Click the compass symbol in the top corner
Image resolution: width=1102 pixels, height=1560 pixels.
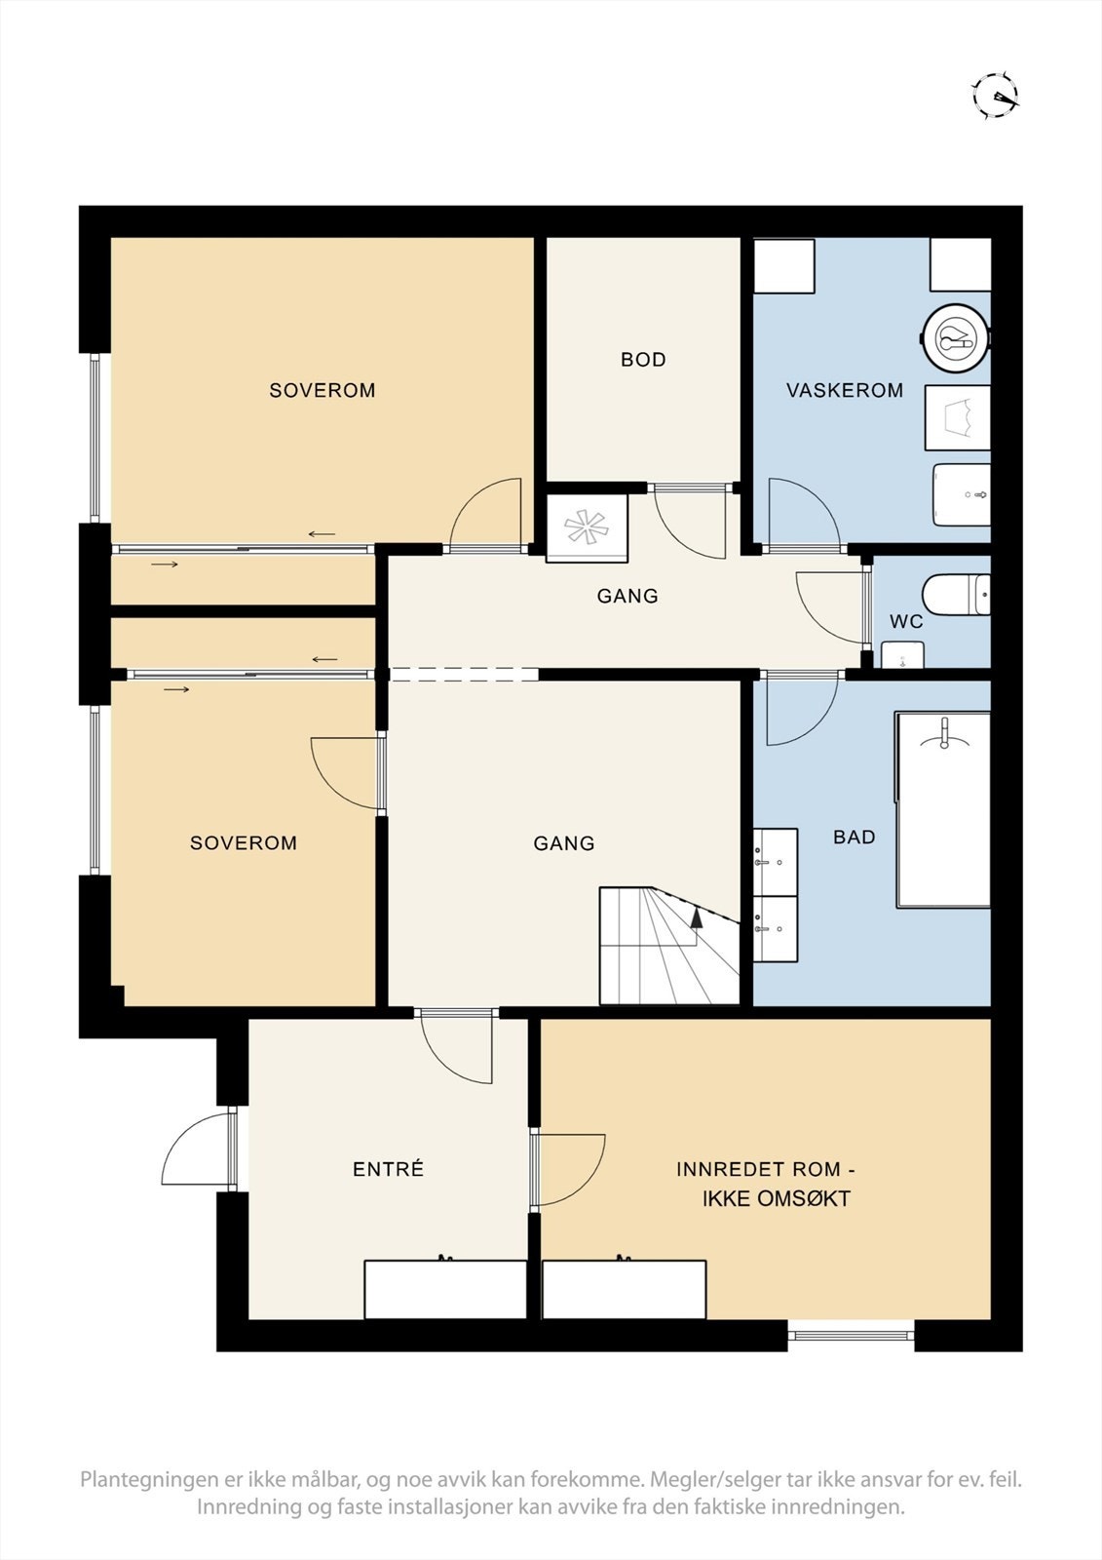tap(997, 96)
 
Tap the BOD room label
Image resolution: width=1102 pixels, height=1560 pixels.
tap(643, 360)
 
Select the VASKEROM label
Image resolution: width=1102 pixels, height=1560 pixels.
tap(844, 390)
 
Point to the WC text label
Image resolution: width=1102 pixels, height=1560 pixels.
tap(906, 621)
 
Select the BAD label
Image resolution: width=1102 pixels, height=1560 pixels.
tap(854, 837)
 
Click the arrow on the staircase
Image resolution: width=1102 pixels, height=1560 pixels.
tap(696, 916)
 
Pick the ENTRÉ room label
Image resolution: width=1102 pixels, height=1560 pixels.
tap(388, 1169)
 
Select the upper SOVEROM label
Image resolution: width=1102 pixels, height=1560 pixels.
tap(322, 390)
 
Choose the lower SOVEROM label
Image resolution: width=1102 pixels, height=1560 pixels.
tap(243, 842)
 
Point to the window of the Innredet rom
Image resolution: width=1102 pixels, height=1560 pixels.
tap(851, 1334)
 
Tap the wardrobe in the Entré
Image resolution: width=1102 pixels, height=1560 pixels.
tap(445, 1289)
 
